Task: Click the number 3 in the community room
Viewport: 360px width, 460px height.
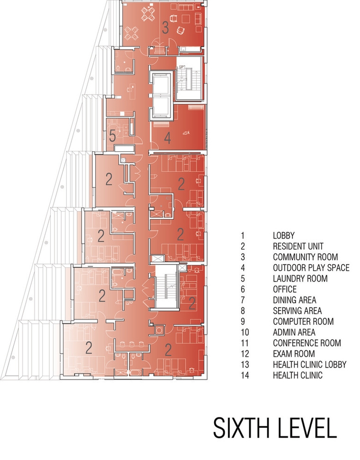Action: (x=165, y=28)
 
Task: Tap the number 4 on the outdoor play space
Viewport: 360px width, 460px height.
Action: (x=167, y=138)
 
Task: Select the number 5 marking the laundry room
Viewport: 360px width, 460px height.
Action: (x=112, y=136)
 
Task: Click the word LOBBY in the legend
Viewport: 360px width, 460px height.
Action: (x=284, y=235)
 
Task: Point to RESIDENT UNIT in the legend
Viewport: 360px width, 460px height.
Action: (x=298, y=246)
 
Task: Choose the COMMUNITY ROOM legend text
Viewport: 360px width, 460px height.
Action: (x=306, y=257)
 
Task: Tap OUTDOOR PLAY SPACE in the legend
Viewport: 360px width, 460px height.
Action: (x=311, y=267)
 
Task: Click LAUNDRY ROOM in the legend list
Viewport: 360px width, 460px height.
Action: (x=300, y=278)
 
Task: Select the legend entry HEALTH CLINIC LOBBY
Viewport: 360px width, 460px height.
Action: (x=310, y=364)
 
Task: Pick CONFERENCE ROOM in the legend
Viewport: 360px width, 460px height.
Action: (x=307, y=343)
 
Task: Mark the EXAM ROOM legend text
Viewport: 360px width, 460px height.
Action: (x=294, y=354)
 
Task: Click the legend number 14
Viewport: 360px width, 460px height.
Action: (x=244, y=375)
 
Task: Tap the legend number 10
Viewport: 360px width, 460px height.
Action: (x=244, y=332)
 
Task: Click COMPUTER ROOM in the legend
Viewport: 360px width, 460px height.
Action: (x=303, y=321)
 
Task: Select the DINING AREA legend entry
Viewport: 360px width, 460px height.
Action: (x=295, y=300)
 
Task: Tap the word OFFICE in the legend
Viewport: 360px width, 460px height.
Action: (x=285, y=289)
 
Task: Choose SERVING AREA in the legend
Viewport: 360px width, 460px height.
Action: (x=297, y=310)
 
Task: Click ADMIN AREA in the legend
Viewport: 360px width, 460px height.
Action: (x=294, y=332)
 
